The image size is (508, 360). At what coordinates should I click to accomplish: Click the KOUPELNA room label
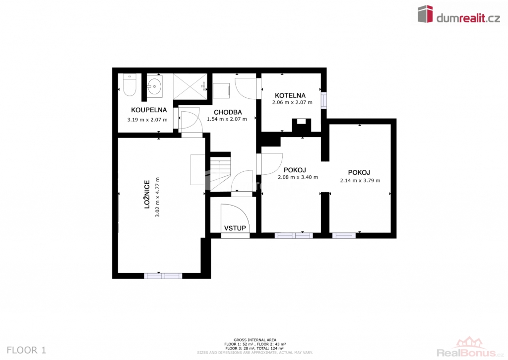[149, 110]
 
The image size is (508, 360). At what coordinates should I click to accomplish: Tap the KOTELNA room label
[290, 95]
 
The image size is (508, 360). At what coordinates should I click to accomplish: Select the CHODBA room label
[228, 112]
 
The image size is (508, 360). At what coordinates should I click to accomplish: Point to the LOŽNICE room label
[147, 194]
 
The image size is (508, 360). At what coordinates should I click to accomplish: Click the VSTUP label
[235, 228]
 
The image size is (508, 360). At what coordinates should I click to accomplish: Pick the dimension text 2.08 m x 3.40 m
[298, 177]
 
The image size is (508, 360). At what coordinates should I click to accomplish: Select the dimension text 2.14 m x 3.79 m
[360, 180]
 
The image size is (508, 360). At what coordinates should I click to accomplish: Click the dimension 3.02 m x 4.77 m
[157, 197]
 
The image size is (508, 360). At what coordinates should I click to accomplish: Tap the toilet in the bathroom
[129, 85]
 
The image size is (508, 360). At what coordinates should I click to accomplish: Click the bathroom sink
[155, 86]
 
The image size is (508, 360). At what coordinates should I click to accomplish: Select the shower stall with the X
[190, 86]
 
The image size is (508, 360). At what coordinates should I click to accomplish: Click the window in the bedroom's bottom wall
[163, 276]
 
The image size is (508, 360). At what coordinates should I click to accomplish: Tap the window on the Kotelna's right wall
[323, 100]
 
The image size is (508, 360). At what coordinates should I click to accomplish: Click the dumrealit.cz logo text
[468, 18]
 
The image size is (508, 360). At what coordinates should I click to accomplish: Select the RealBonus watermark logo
[470, 349]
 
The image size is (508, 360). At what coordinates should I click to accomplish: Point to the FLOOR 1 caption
[27, 350]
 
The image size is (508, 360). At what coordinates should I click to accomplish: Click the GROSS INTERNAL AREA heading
[255, 340]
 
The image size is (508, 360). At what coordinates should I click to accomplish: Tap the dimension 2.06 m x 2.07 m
[292, 102]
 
